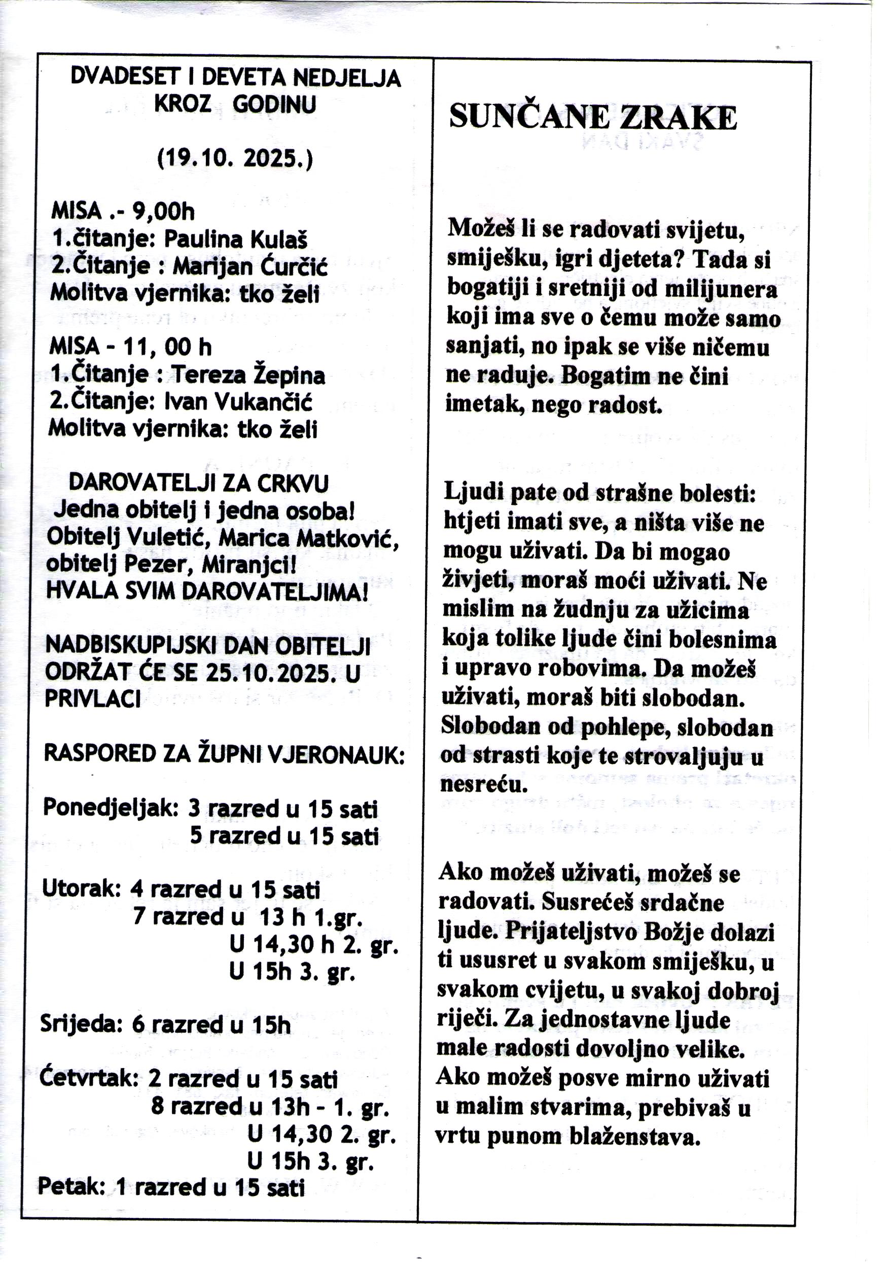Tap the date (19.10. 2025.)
[x=235, y=159]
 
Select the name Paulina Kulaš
[x=235, y=239]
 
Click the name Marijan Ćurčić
[x=250, y=267]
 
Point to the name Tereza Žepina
[x=248, y=375]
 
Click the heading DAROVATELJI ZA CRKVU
[x=198, y=483]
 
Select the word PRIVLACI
[x=92, y=699]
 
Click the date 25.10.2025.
[x=270, y=673]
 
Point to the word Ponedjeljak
[x=110, y=808]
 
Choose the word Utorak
[x=81, y=888]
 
